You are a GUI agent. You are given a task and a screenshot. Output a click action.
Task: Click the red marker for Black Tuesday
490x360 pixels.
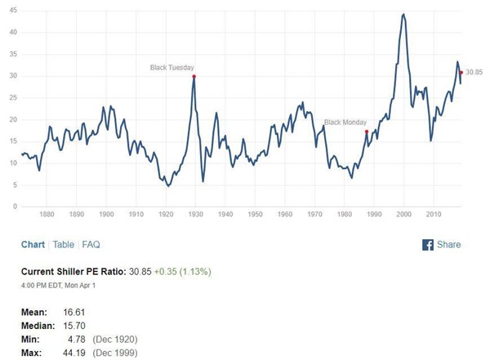pos(194,76)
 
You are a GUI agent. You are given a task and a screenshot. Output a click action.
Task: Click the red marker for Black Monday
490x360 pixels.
pos(367,131)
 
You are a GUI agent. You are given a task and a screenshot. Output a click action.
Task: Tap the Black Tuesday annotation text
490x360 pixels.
pos(172,67)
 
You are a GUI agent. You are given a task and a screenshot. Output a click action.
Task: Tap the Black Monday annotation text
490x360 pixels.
pos(345,122)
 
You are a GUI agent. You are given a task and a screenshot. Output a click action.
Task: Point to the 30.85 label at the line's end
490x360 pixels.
pos(474,72)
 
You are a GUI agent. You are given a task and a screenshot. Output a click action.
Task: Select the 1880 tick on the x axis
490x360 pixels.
pos(47,215)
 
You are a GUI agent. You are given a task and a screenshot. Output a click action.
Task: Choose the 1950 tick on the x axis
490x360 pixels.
pos(255,215)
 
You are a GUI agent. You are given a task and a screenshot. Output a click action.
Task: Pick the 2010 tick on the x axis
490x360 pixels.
pos(433,215)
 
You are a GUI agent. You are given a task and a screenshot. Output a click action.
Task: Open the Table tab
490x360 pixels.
pos(64,244)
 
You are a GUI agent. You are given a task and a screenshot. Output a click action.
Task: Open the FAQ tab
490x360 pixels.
pos(91,244)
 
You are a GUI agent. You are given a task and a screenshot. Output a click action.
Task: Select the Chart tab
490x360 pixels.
pos(33,244)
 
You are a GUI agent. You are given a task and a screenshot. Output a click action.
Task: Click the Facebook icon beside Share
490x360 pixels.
pos(427,244)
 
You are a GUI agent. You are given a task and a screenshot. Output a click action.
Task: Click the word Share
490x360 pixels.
pos(449,244)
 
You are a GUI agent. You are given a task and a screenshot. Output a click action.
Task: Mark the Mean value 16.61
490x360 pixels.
pos(64,313)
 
